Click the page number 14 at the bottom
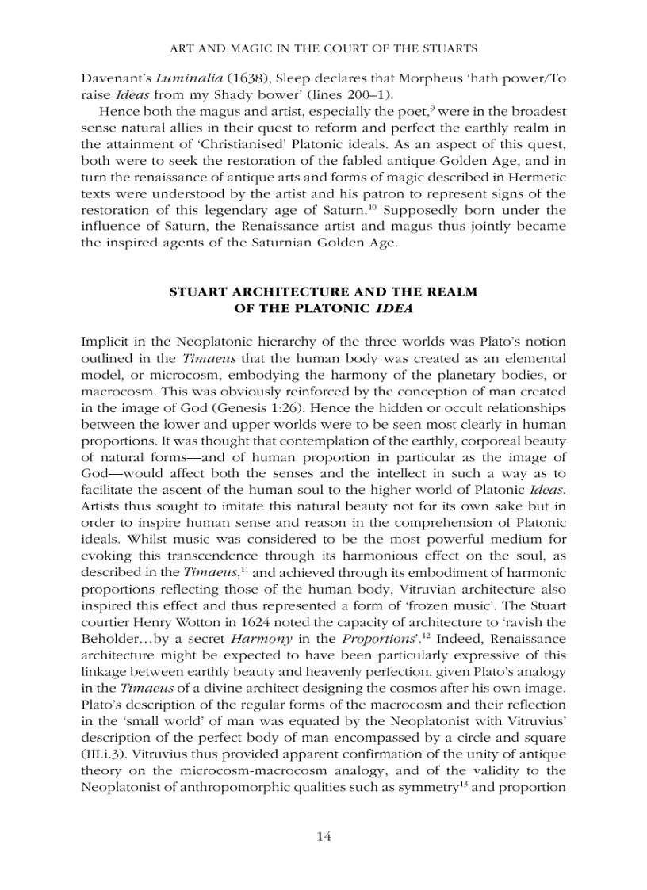(x=323, y=836)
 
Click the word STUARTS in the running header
(x=448, y=48)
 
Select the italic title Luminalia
(x=186, y=78)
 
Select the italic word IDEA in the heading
(x=395, y=307)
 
